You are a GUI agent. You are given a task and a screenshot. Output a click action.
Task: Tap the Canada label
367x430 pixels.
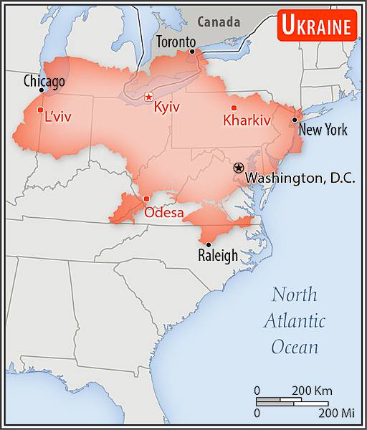click(x=219, y=21)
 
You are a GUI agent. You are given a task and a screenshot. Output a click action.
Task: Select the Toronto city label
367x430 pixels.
click(x=176, y=42)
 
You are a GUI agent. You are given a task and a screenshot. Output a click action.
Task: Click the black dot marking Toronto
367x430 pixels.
click(x=191, y=52)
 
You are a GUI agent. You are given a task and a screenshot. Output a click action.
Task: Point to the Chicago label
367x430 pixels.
click(x=44, y=80)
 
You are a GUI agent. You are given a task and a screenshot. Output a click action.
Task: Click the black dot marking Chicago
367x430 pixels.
click(x=42, y=90)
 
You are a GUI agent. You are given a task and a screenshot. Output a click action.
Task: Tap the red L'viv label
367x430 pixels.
click(x=58, y=117)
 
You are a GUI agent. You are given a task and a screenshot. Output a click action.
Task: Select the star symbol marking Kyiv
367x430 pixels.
click(x=148, y=97)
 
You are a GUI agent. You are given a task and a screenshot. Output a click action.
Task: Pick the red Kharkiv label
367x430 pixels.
click(x=247, y=120)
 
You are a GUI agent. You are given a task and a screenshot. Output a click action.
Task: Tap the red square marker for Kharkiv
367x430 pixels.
click(x=234, y=107)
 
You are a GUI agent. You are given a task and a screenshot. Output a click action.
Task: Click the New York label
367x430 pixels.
click(x=323, y=130)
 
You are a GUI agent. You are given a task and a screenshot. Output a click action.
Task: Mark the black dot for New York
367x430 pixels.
click(x=295, y=120)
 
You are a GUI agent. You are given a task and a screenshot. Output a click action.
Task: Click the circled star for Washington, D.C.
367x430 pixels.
click(x=239, y=167)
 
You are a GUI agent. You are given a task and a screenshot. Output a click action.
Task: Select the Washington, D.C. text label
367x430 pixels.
click(x=300, y=178)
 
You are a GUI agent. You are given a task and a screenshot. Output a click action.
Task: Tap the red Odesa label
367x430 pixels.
click(x=163, y=212)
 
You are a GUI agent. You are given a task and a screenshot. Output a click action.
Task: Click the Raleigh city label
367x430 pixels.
click(x=218, y=255)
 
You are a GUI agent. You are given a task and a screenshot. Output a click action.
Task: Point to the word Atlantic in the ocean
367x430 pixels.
click(x=294, y=320)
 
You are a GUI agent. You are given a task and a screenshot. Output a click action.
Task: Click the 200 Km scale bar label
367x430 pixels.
click(x=312, y=391)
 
